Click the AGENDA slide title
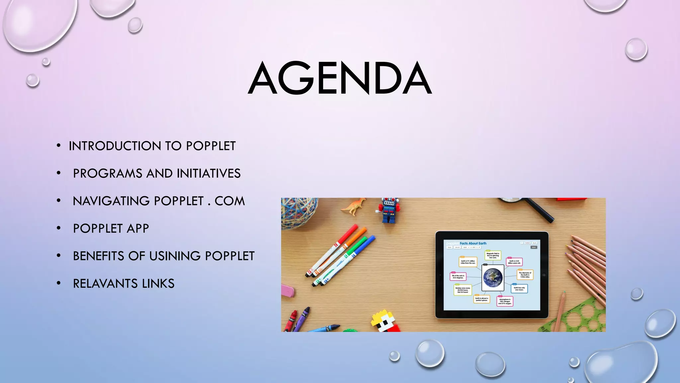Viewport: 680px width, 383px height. pos(340,78)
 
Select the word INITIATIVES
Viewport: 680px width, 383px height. pos(209,174)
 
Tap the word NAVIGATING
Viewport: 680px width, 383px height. pos(111,201)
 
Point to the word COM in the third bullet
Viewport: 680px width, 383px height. pos(229,201)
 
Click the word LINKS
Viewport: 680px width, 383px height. pos(158,284)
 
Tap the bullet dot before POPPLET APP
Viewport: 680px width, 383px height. pos(59,228)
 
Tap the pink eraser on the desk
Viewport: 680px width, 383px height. pos(287,291)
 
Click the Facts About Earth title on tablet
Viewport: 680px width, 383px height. pos(473,243)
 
